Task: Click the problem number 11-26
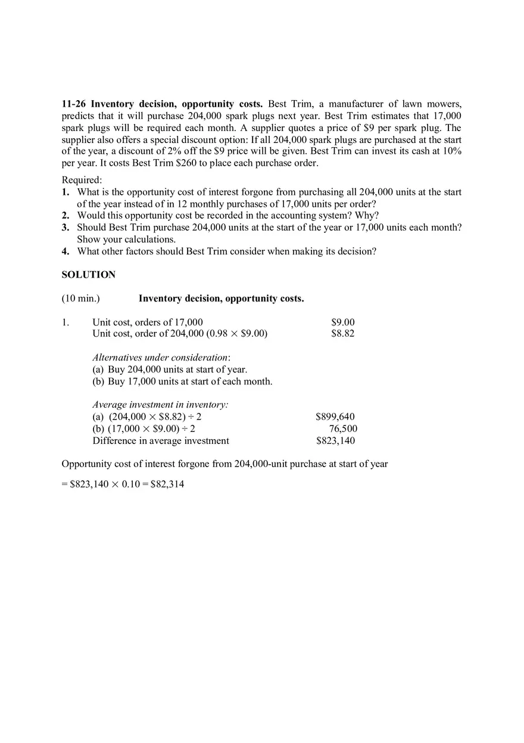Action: (x=74, y=104)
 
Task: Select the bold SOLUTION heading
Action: (x=89, y=275)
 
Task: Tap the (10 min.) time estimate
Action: (x=80, y=299)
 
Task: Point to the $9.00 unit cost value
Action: (x=342, y=322)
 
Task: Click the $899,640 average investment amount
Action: (x=335, y=416)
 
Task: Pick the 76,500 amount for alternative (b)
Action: (x=343, y=428)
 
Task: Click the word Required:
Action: (x=82, y=180)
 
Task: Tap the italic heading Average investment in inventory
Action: (x=160, y=405)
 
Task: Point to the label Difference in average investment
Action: (x=161, y=441)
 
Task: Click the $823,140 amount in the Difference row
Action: (x=335, y=441)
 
